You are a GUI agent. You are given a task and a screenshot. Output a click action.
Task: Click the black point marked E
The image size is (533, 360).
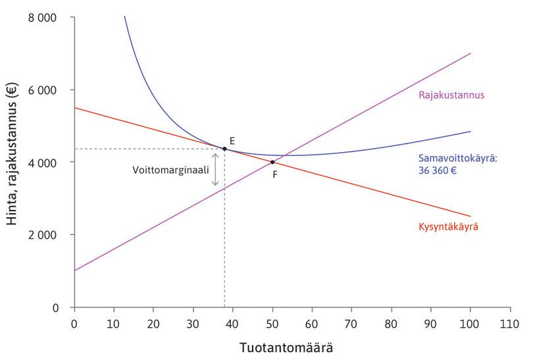[224, 149]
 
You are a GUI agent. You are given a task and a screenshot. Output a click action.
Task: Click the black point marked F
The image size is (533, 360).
[272, 162]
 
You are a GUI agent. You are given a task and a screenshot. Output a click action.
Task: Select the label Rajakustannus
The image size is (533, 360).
[451, 95]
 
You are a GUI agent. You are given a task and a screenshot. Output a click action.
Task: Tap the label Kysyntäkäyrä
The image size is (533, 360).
[448, 227]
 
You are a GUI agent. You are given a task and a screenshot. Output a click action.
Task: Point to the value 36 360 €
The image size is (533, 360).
[438, 169]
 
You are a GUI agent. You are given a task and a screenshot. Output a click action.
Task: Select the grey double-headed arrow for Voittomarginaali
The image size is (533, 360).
[215, 169]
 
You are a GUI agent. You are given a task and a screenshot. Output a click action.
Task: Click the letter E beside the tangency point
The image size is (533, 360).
[232, 141]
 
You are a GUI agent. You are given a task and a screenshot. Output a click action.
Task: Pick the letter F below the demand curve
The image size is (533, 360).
[276, 174]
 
